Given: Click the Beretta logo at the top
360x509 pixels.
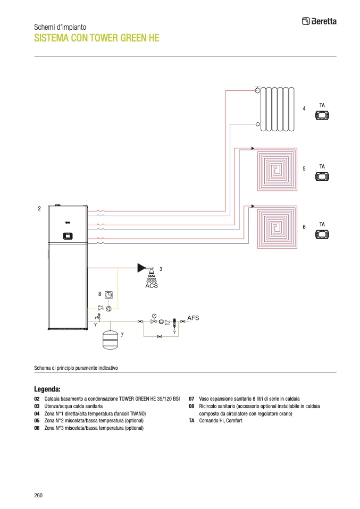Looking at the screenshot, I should pos(319,21).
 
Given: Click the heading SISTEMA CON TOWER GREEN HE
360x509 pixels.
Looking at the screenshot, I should pos(96,38).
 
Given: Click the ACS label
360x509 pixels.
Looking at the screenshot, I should pos(152,286).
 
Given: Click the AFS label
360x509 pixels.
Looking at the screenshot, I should pos(193,318).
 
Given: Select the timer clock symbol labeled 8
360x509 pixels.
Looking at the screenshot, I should pos(108,294).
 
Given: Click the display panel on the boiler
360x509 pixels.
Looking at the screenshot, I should pos(68,235).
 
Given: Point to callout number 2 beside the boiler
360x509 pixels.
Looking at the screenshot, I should pos(39,209).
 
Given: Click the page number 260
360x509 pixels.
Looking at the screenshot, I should pos(38,495).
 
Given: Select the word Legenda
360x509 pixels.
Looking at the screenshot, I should pos(47,388).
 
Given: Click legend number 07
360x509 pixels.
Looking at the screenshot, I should pos(191,398).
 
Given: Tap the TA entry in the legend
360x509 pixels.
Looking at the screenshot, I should pos(191,420).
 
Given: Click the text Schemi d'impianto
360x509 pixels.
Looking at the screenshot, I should pos(60,27).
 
